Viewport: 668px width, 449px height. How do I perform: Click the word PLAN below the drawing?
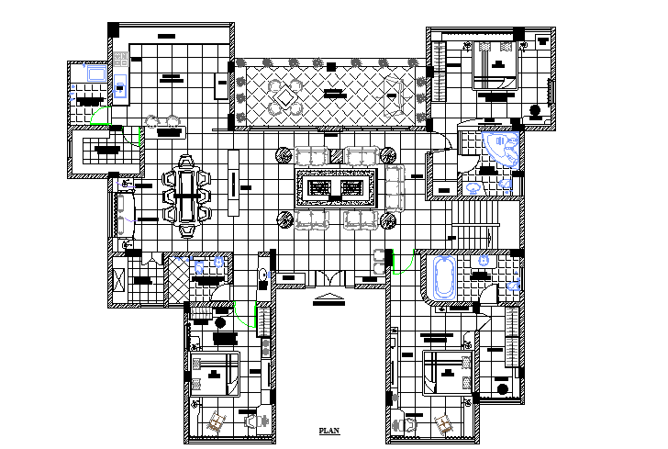[328, 430]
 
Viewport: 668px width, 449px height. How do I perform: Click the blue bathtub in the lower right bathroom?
[443, 276]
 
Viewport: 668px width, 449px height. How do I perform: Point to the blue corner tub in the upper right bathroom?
[502, 148]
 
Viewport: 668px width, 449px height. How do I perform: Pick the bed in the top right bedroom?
[496, 65]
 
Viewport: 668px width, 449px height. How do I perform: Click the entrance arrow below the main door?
[327, 297]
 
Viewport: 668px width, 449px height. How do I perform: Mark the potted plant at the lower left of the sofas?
[284, 219]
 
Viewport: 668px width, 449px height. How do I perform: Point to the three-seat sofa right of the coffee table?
[394, 187]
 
